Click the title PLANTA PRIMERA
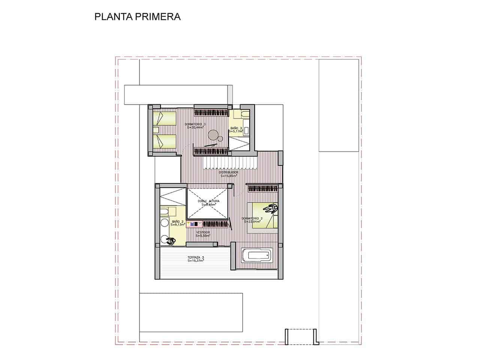(138, 17)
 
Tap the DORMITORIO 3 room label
(195, 126)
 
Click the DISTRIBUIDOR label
(229, 174)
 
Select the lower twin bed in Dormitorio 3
(164, 141)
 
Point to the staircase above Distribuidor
(228, 163)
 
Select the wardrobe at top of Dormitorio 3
(211, 112)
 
